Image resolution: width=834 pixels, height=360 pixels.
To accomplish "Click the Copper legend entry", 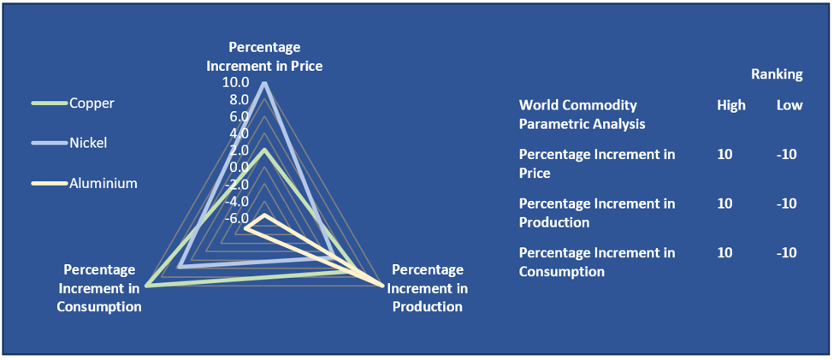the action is [x=74, y=103].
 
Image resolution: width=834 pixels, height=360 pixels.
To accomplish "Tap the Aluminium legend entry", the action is [x=85, y=184].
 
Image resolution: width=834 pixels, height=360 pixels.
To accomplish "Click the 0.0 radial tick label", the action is [x=240, y=167].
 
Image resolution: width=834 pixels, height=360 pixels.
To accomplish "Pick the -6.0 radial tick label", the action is [x=237, y=218].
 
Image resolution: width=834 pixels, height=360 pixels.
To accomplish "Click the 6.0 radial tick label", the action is [x=240, y=116].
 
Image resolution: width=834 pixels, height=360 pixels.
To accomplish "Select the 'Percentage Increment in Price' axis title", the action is [x=264, y=57].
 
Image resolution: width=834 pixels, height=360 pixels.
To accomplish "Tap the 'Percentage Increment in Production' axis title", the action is [x=427, y=288].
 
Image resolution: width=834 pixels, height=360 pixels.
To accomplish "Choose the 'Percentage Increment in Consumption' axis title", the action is [x=99, y=288].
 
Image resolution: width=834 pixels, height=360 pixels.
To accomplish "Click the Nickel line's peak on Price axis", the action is [x=264, y=83].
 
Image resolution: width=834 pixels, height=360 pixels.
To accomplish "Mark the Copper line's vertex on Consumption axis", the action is [x=147, y=286].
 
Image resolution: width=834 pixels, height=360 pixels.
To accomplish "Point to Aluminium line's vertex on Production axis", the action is [x=382, y=286].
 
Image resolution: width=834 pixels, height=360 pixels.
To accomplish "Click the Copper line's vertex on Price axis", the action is [x=264, y=150].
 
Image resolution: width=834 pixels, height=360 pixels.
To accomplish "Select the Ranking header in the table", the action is [x=777, y=75].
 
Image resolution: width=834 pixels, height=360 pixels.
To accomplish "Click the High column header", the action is [x=731, y=106].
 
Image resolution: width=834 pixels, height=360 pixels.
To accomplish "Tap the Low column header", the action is [x=790, y=106].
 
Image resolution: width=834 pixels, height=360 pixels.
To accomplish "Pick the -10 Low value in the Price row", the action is [x=787, y=155].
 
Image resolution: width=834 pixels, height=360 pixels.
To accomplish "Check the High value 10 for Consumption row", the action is [x=725, y=252].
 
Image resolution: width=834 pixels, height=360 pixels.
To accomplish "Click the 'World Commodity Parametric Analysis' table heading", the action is [x=583, y=115].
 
